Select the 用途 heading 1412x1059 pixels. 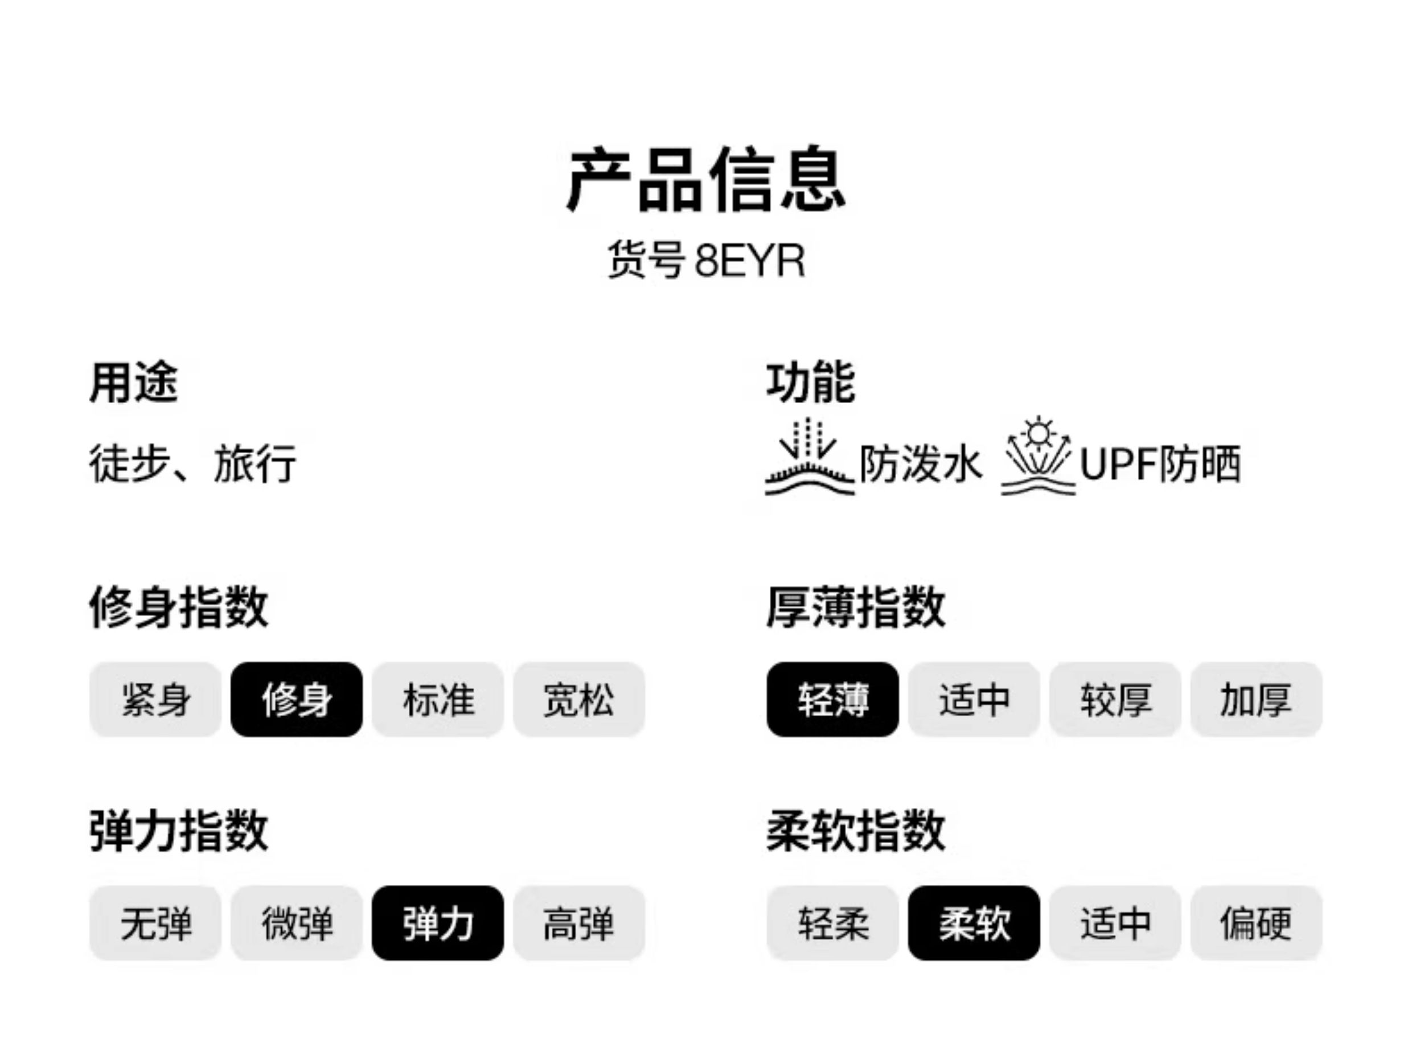point(133,383)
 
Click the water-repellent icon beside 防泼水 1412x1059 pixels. point(809,458)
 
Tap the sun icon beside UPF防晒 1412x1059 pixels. point(1038,457)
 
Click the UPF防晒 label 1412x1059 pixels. point(1160,464)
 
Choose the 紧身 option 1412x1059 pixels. point(156,700)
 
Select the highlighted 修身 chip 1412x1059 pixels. point(297,700)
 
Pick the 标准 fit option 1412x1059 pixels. point(438,700)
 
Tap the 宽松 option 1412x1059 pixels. point(579,700)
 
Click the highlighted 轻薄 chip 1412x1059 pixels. point(832,700)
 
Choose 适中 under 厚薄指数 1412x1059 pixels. point(974,700)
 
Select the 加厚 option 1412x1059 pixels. point(1256,700)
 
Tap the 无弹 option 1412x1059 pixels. point(156,923)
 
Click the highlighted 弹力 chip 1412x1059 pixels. point(438,923)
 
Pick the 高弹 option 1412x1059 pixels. point(579,923)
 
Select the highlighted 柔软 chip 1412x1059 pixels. point(974,923)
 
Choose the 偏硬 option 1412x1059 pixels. point(1256,923)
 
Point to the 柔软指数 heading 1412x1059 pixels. point(855,831)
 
